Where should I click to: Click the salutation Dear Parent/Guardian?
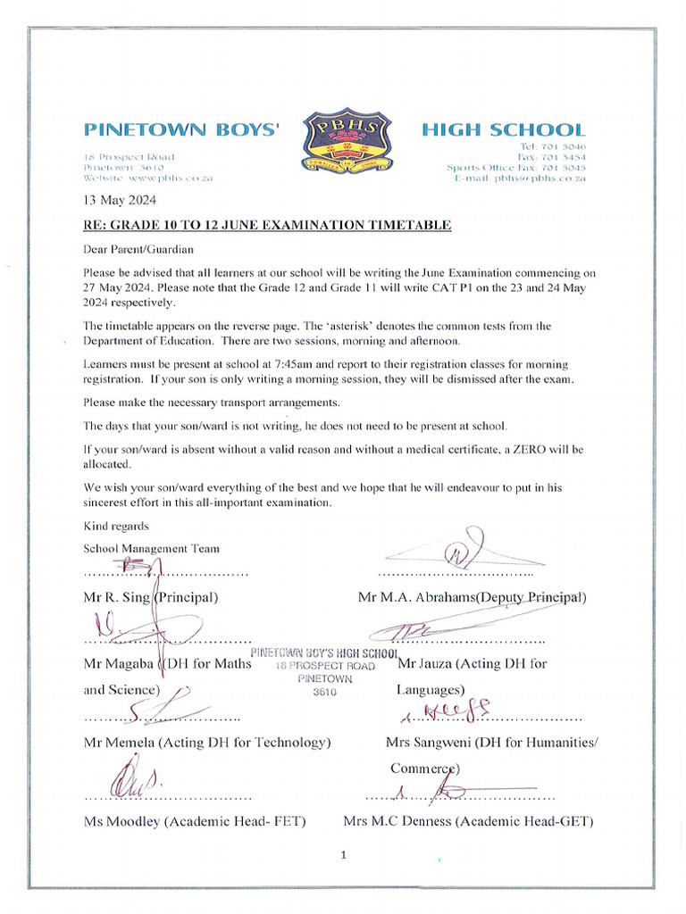pos(138,249)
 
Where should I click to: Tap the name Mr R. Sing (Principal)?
pos(151,597)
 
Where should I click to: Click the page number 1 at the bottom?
pos(343,855)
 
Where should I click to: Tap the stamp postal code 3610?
pos(324,692)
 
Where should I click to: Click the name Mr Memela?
pos(121,743)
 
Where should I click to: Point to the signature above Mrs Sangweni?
pos(452,710)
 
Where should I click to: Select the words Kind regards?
pos(116,526)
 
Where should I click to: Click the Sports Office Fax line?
pos(516,167)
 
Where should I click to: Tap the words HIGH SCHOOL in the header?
pos(503,130)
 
